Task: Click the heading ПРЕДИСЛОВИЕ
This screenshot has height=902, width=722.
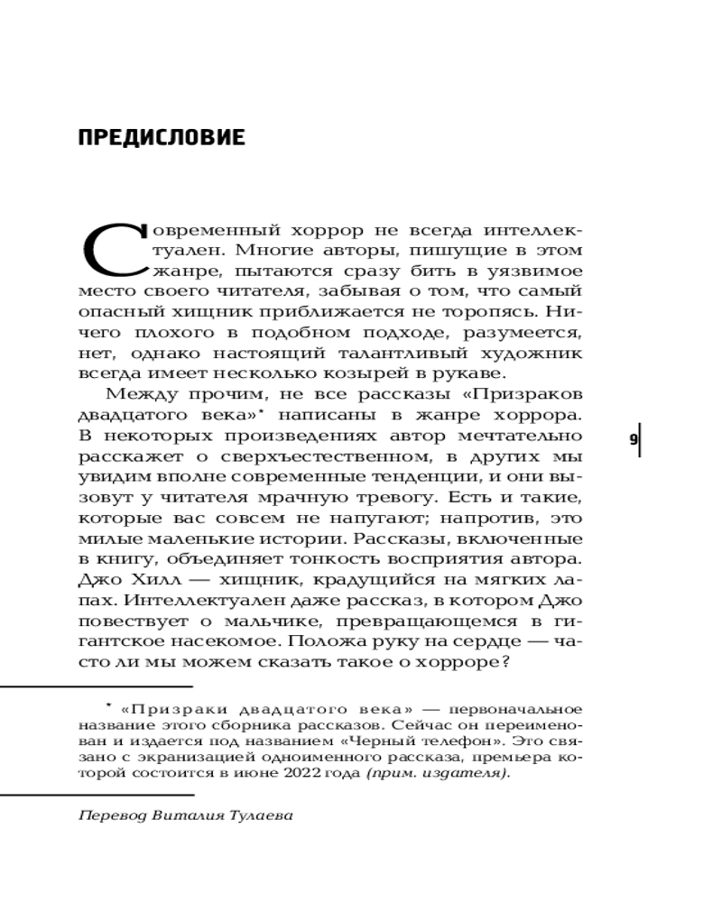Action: point(162,138)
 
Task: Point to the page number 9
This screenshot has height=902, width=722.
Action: point(634,439)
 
